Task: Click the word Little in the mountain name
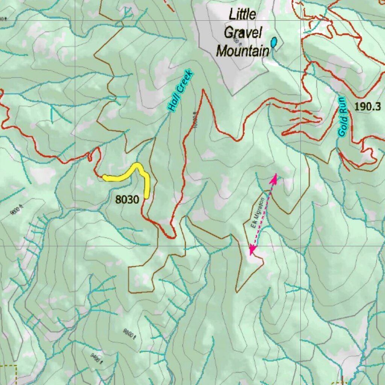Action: tap(243, 15)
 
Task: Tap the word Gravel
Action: tap(243, 33)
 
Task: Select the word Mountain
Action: tap(243, 50)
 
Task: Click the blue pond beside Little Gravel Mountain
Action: tap(274, 42)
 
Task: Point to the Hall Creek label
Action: tap(180, 91)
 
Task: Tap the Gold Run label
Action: tap(342, 117)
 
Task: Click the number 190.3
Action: tap(367, 106)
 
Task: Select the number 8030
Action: tap(127, 200)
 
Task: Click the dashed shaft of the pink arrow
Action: tap(263, 214)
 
